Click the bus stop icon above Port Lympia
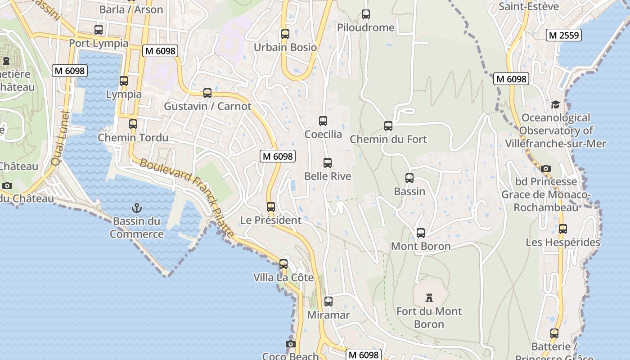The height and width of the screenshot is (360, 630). [x=99, y=30]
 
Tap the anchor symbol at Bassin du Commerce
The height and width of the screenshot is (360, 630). [x=136, y=207]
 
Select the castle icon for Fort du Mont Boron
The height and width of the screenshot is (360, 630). [x=429, y=297]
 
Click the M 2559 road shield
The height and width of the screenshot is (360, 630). [x=563, y=35]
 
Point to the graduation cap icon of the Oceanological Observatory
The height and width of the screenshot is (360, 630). [x=556, y=105]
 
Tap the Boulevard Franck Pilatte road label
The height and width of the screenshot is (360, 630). [x=187, y=198]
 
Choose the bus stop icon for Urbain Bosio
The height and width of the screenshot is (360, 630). [x=285, y=34]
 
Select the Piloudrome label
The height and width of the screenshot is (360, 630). [x=366, y=27]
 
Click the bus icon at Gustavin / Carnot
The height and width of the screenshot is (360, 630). [x=207, y=93]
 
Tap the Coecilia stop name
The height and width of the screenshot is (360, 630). [x=323, y=134]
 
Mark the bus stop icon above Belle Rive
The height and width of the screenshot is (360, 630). [x=328, y=163]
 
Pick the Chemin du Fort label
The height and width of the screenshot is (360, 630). [x=388, y=139]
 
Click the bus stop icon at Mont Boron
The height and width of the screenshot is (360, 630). [x=421, y=233]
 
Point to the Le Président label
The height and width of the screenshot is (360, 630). [x=270, y=220]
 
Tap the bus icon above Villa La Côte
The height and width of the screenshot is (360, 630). [x=283, y=264]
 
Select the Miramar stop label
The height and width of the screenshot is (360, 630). [x=328, y=315]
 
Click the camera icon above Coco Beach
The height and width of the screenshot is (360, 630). [x=291, y=344]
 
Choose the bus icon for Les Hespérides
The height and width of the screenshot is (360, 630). [x=562, y=229]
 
